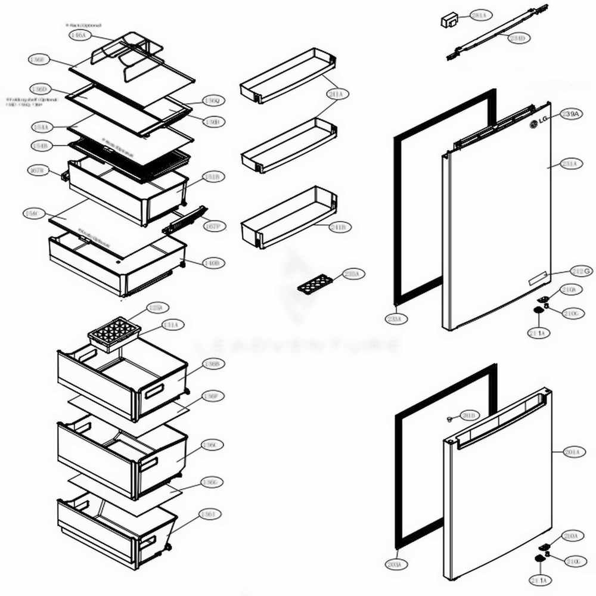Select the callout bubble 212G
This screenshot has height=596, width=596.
pyautogui.click(x=582, y=271)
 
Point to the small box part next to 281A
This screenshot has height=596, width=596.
pyautogui.click(x=448, y=21)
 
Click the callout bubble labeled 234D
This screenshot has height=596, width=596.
pyautogui.click(x=517, y=38)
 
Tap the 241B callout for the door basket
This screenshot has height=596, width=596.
pyautogui.click(x=340, y=227)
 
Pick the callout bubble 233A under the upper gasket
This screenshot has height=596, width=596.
pyautogui.click(x=396, y=319)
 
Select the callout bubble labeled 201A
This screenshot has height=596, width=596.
pyautogui.click(x=572, y=453)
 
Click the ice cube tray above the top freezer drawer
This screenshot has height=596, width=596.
pyautogui.click(x=114, y=333)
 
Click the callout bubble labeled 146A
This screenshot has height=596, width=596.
pyautogui.click(x=78, y=36)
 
